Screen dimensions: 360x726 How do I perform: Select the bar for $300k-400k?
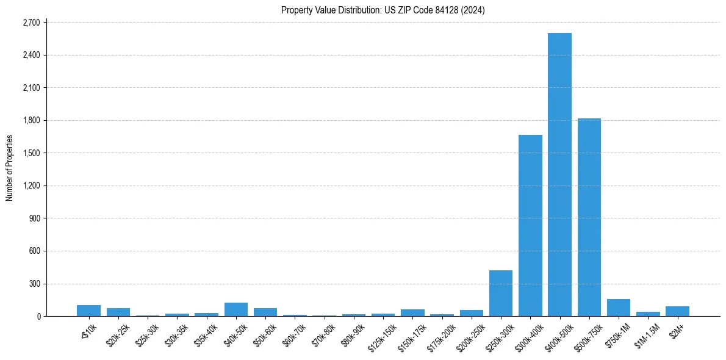click(530, 226)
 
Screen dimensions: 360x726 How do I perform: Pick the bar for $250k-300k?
click(501, 293)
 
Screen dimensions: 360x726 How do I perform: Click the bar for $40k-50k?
click(236, 309)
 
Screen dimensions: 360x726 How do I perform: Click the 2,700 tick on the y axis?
click(31, 23)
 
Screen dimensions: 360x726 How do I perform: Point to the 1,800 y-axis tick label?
click(31, 120)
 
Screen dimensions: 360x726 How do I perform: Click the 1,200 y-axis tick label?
click(31, 185)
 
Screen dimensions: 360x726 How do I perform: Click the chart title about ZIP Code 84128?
click(383, 10)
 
